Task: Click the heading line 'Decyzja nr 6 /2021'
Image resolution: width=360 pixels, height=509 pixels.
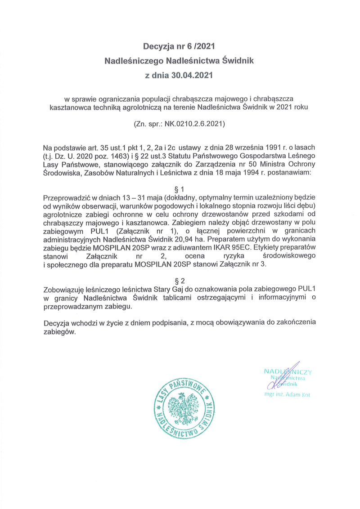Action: tap(180, 45)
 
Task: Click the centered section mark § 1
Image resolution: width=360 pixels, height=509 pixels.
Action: tap(180, 189)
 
